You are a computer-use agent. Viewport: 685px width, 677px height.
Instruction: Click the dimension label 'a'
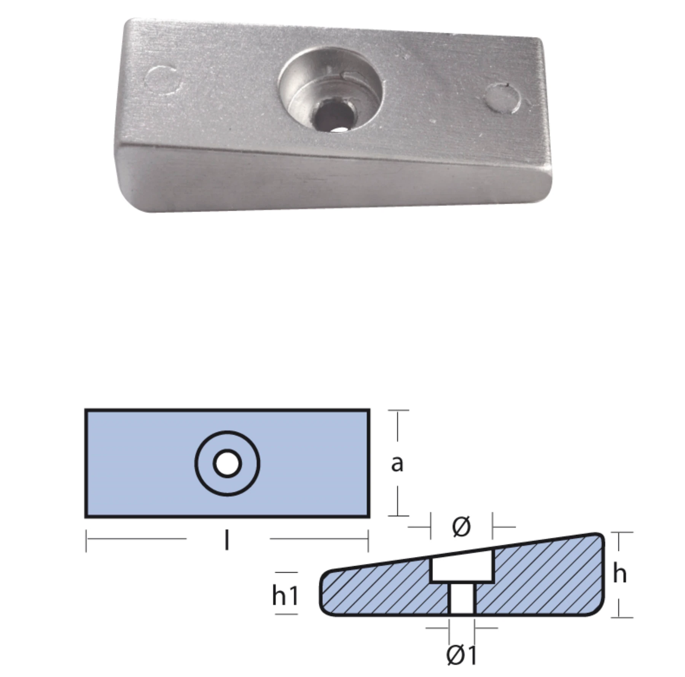point(397,464)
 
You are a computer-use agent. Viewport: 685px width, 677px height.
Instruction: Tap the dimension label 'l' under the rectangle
point(227,540)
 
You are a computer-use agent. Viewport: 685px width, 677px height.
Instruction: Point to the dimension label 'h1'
point(285,595)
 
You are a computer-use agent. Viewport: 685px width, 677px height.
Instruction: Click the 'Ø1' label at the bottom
point(461,655)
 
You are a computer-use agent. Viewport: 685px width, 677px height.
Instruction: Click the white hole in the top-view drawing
point(227,464)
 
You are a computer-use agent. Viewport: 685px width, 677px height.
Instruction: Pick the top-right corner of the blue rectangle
point(369,411)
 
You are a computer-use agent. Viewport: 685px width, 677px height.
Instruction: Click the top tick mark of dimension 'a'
point(398,411)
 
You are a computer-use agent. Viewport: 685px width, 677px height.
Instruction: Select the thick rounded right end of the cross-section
point(599,571)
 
